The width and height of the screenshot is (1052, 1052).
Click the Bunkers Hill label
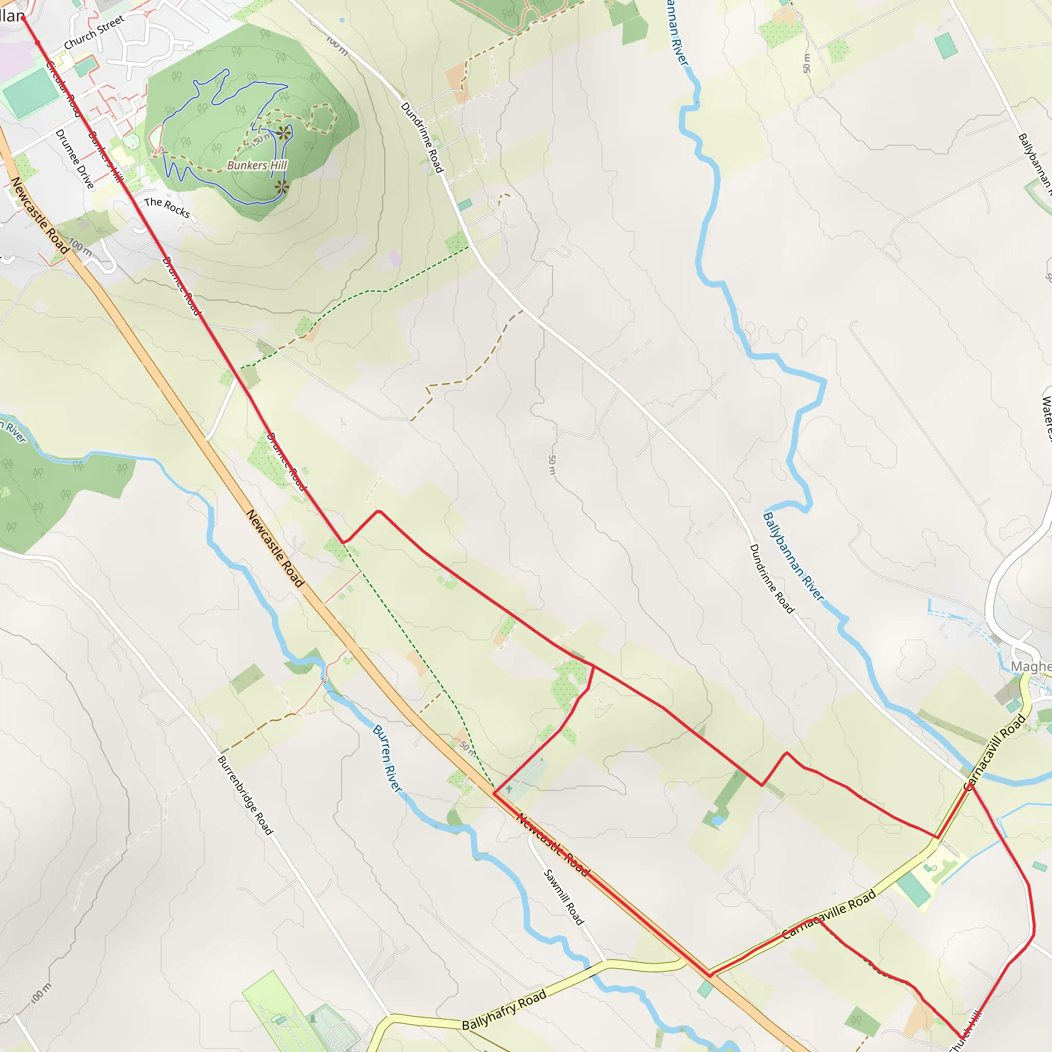point(256,165)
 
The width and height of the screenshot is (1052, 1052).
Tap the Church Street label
point(94,33)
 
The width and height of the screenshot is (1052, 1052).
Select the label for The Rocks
point(166,208)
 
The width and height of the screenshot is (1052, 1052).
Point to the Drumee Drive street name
point(74,159)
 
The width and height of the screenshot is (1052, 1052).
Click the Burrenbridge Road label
point(245,796)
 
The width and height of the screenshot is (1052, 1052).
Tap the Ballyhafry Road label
point(504,1009)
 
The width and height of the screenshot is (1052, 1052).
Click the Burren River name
point(387,759)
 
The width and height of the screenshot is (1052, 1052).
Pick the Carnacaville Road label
point(829,914)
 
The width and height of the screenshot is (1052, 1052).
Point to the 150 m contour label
point(260,140)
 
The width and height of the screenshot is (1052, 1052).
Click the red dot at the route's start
point(23,18)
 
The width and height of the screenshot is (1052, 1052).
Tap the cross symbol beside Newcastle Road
point(509,789)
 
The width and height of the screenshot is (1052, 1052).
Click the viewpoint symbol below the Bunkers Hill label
point(281,188)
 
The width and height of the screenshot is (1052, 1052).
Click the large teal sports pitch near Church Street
point(30,93)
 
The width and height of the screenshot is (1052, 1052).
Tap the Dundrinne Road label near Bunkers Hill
point(422,137)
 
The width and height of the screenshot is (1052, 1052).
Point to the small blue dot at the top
point(342,20)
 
